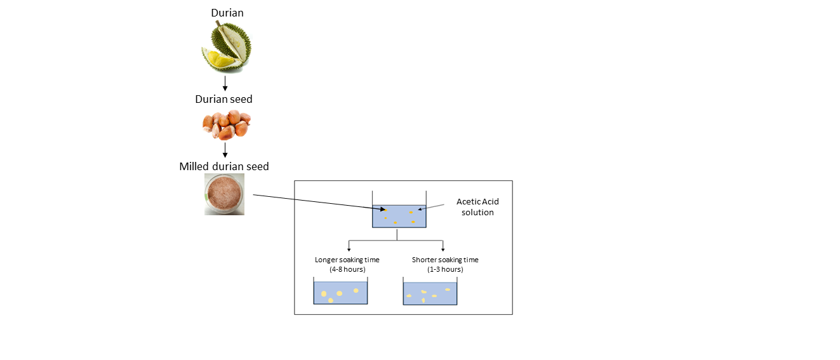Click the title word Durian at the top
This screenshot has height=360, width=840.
point(227,13)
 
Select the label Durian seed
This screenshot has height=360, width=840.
point(223,99)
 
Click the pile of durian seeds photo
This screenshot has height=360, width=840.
point(226,124)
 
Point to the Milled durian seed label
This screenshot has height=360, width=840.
point(224,166)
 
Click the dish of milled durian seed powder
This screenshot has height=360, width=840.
point(224,194)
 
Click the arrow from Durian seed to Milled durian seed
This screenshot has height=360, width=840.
point(225,150)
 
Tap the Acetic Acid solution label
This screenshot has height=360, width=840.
point(477,207)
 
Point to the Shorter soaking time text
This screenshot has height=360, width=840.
point(445,260)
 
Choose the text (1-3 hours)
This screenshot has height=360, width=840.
point(445,269)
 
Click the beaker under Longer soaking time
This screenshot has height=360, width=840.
point(340,293)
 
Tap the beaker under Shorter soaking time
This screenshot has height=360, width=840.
point(430,293)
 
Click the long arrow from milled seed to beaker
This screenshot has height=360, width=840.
point(317,203)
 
